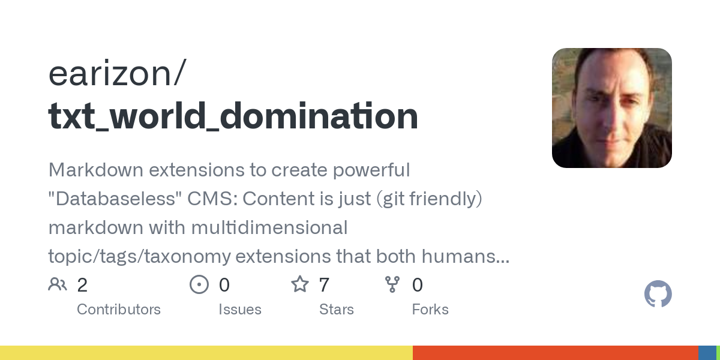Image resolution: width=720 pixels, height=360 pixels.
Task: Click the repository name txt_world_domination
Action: tap(233, 116)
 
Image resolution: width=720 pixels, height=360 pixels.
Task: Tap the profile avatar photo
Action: tap(611, 108)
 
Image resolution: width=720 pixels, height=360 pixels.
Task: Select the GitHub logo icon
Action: tap(658, 295)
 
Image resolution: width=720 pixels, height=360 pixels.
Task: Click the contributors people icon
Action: tap(58, 284)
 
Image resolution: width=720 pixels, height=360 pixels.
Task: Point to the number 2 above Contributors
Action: tap(82, 285)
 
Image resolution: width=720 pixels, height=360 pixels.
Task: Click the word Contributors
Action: tap(119, 310)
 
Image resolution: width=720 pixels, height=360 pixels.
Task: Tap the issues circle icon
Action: tap(199, 284)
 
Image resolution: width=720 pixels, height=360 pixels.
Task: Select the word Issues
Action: tap(240, 310)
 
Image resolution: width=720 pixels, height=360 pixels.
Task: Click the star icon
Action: tap(299, 284)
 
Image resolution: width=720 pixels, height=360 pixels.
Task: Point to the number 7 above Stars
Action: tap(324, 285)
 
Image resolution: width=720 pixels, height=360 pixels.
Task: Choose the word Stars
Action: tap(337, 310)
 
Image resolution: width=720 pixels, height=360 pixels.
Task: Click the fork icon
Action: tap(392, 284)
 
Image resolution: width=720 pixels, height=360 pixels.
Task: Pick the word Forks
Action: tap(430, 310)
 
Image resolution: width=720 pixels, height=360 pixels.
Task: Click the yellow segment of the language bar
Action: tap(206, 353)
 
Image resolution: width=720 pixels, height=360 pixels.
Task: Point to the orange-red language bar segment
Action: tap(555, 353)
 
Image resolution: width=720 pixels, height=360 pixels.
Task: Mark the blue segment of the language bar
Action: tap(707, 353)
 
